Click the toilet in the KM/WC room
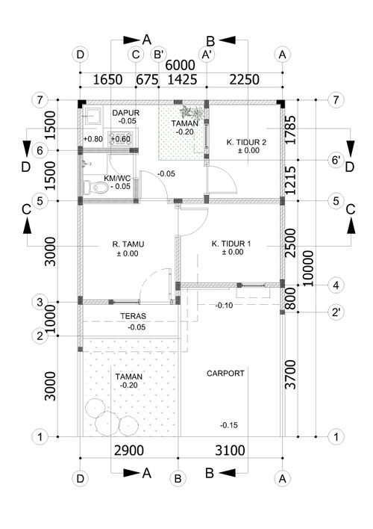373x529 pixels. pos(95,188)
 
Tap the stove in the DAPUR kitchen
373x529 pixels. pos(119,139)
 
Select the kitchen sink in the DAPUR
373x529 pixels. pos(92,116)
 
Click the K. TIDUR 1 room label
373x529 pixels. pos(231,244)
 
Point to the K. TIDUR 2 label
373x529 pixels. pos(246,143)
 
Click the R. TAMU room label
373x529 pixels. pos(128,244)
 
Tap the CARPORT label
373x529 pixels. pos(225,374)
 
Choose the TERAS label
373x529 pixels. pos(134,316)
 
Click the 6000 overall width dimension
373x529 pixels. pos(180,65)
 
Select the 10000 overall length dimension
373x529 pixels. pos(308,268)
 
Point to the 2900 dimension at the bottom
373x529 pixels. pos(129,451)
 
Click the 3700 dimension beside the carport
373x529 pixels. pos(290,374)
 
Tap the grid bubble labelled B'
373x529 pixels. pos(158,55)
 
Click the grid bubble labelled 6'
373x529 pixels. pos(336,160)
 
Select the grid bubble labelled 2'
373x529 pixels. pos(336,312)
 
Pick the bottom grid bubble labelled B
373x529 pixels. pos(178,478)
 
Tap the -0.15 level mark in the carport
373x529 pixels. pos(229,425)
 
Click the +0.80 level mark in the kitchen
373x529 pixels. pos(93,139)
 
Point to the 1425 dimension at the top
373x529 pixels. pos(182,80)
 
